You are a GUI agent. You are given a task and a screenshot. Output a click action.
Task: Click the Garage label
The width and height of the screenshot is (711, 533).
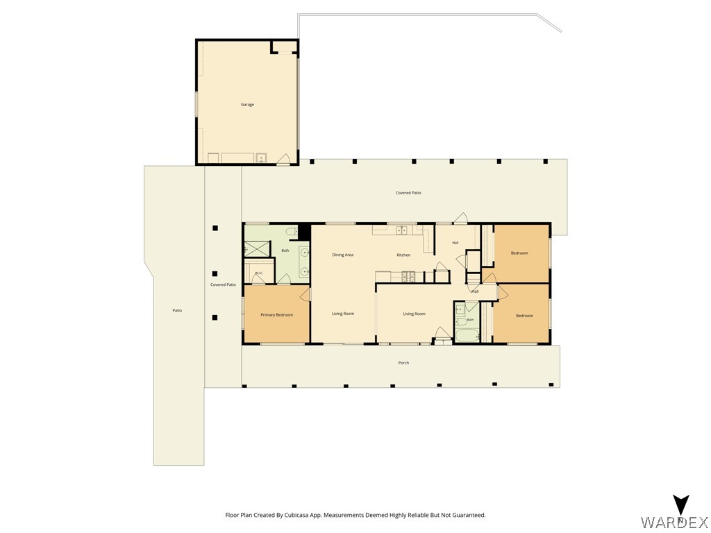(x=247, y=105)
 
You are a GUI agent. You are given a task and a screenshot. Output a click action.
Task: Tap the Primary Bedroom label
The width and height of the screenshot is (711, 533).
(x=276, y=315)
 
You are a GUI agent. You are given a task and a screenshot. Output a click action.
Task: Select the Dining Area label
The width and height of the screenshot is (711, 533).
(x=342, y=255)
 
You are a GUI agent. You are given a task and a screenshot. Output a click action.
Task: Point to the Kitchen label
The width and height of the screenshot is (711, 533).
(x=403, y=255)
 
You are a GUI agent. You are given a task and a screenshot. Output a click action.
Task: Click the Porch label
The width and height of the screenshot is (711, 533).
(x=403, y=362)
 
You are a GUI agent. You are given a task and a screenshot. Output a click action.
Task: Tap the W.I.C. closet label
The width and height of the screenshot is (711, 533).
(x=259, y=273)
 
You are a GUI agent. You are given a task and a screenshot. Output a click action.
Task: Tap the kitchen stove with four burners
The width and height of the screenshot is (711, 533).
(x=408, y=276)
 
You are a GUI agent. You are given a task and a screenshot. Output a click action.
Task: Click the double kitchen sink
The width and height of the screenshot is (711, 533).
(x=402, y=230)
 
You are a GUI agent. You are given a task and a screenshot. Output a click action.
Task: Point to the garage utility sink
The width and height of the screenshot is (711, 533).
(x=261, y=158)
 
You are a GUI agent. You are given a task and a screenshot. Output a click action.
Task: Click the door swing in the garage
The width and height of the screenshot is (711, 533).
(x=283, y=159)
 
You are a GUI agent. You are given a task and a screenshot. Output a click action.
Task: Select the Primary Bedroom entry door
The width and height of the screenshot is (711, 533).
(x=306, y=294)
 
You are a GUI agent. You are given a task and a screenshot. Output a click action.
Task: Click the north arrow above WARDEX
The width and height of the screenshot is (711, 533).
(x=681, y=505)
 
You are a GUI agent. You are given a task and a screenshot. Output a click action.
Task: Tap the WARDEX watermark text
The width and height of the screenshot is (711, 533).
(x=675, y=522)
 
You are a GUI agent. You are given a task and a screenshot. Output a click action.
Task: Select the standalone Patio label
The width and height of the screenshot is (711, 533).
(x=177, y=310)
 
